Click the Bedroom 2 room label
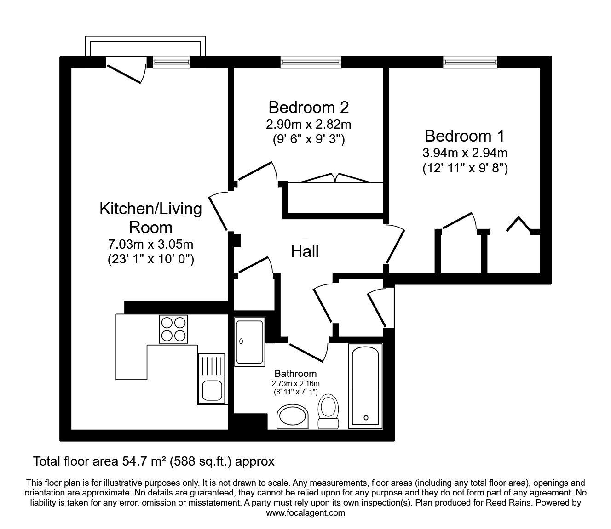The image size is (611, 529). pos(309,108)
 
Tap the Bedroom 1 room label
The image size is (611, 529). pos(465,136)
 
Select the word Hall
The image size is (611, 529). pos(305,252)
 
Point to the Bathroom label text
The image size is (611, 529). pos(295,374)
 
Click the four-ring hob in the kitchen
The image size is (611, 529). pos(173,329)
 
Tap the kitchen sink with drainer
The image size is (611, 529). pos(211,379)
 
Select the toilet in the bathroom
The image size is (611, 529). pos(328,411)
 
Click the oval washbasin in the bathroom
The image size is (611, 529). pos(293,417)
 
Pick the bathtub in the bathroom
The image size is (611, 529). pos(366,386)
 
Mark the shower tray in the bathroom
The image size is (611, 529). pos(250,342)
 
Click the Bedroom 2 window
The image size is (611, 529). pos(311,62)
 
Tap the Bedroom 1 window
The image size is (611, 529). pos(470,62)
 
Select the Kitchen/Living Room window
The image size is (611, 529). pos(171,62)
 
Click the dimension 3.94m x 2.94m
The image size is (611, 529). pos(465,153)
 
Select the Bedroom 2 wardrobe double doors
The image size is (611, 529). pos(335,178)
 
